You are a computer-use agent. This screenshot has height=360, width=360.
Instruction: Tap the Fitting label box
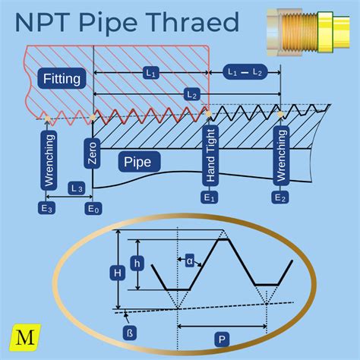pyautogui.click(x=62, y=78)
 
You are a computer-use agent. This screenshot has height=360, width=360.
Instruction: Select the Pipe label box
pyautogui.click(x=137, y=162)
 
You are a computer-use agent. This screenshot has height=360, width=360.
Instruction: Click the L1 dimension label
pyautogui.click(x=150, y=74)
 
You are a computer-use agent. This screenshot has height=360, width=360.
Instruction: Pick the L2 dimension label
pyautogui.click(x=191, y=94)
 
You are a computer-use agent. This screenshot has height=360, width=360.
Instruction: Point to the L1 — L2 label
pyautogui.click(x=245, y=71)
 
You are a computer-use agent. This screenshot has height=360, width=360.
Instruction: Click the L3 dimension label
pyautogui.click(x=75, y=187)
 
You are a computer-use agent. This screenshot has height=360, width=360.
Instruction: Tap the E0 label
pyautogui.click(x=93, y=207)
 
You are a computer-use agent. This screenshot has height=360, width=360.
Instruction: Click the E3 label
pyautogui.click(x=47, y=207)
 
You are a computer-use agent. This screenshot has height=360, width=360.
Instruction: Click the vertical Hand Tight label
pyautogui.click(x=210, y=156)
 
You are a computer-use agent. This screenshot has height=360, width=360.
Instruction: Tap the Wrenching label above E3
pyautogui.click(x=49, y=160)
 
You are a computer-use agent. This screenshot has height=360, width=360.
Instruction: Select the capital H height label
pyautogui.click(x=116, y=271)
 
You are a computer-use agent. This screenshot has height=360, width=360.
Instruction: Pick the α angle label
pyautogui.click(x=190, y=261)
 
